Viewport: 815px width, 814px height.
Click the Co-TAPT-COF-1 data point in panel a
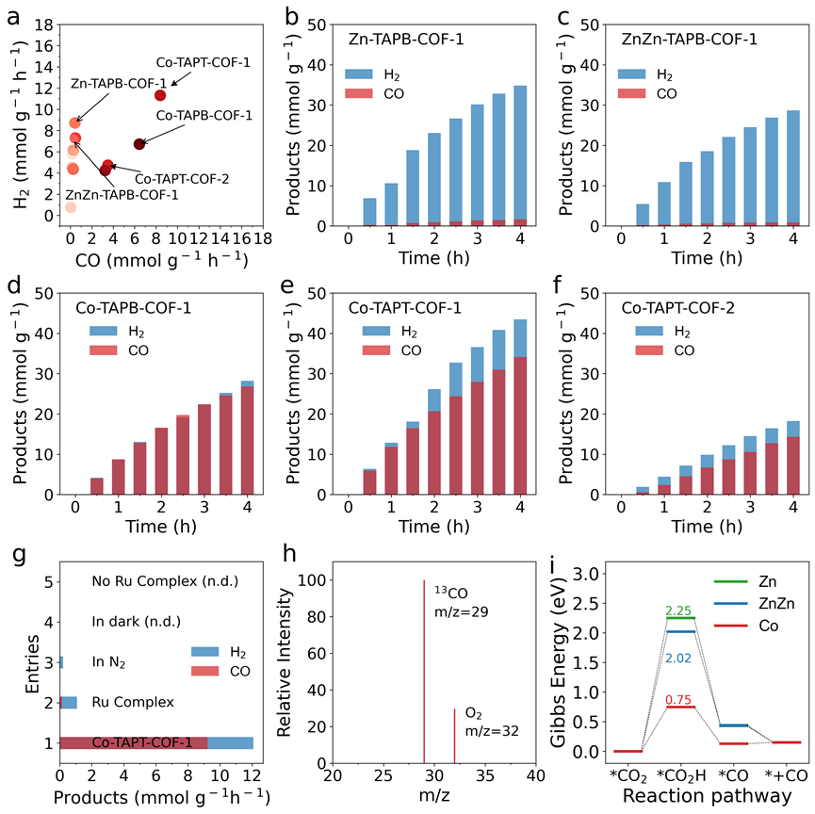[160, 95]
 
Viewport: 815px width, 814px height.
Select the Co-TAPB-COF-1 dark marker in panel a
[139, 144]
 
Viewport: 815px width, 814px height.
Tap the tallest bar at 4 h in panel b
[520, 155]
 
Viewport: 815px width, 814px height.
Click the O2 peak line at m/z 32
[454, 736]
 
